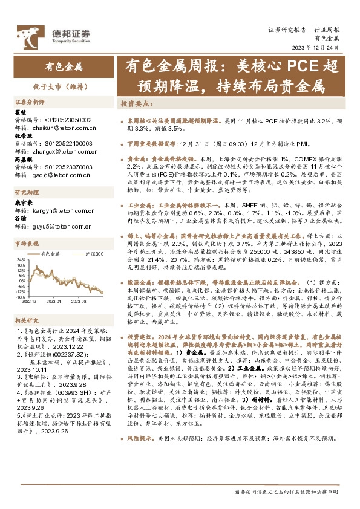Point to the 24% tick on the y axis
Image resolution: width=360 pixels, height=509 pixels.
(22, 260)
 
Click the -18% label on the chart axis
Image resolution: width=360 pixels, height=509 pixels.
(21, 296)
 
